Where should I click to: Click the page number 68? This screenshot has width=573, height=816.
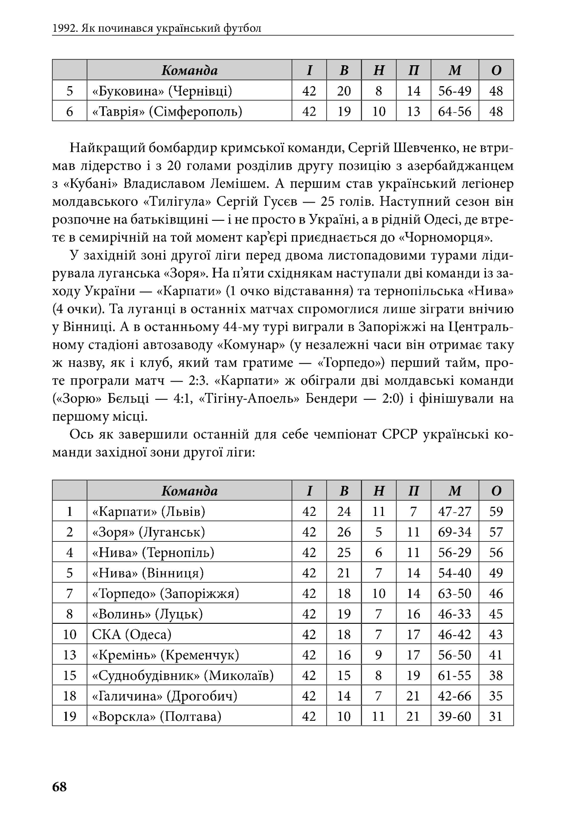(x=59, y=787)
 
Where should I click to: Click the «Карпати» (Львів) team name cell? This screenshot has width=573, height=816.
(x=149, y=511)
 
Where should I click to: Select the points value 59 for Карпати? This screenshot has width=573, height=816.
(x=496, y=511)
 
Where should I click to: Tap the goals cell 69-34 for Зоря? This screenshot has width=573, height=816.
(x=454, y=532)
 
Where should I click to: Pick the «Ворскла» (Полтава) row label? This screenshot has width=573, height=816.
(x=156, y=716)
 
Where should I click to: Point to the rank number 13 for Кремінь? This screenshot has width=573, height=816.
(x=69, y=655)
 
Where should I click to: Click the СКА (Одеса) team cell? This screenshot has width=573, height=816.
(x=131, y=634)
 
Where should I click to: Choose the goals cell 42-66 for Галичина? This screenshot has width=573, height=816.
(x=454, y=696)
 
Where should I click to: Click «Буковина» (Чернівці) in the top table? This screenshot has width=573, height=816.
(x=162, y=91)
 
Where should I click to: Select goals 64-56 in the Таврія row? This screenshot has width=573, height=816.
(x=454, y=112)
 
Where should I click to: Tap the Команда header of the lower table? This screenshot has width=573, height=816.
(x=189, y=491)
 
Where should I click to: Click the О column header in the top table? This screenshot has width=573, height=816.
(x=496, y=70)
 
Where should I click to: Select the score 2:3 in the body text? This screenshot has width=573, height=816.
(x=197, y=381)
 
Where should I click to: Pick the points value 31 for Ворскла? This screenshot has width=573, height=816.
(x=496, y=716)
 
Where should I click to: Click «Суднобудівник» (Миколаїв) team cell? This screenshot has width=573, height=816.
(x=183, y=675)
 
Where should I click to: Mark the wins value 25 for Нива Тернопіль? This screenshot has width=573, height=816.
(x=344, y=553)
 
